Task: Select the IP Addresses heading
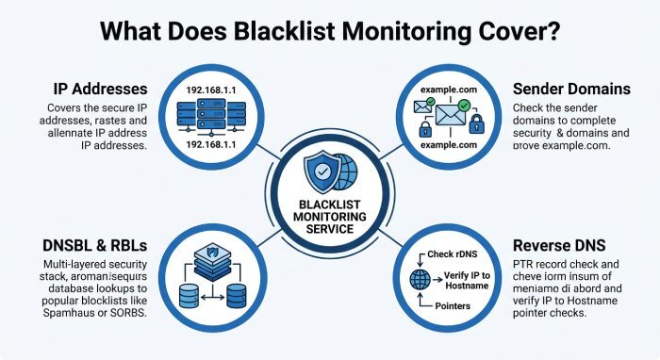(x=101, y=89)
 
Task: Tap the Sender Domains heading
(x=571, y=89)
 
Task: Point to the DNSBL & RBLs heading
(x=95, y=245)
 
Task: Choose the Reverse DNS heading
(x=559, y=245)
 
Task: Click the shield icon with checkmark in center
(x=322, y=172)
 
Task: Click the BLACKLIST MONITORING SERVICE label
(x=330, y=217)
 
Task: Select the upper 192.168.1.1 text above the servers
(x=211, y=90)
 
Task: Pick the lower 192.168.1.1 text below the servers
(x=211, y=145)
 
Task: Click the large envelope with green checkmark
(x=452, y=113)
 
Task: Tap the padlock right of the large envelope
(x=476, y=123)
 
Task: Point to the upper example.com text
(x=449, y=90)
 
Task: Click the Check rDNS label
(x=453, y=254)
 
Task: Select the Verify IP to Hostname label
(x=467, y=281)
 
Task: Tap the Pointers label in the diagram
(x=453, y=305)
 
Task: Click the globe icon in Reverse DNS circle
(x=421, y=280)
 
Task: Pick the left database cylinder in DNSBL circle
(x=189, y=296)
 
